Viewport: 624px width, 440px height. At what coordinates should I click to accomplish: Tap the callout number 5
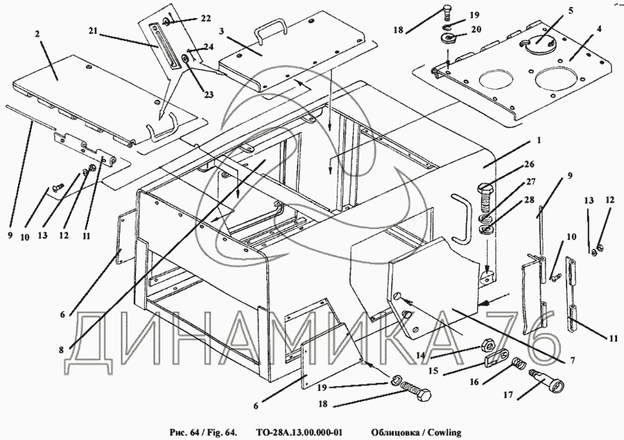(571, 10)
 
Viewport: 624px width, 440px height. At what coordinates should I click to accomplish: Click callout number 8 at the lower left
(62, 350)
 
